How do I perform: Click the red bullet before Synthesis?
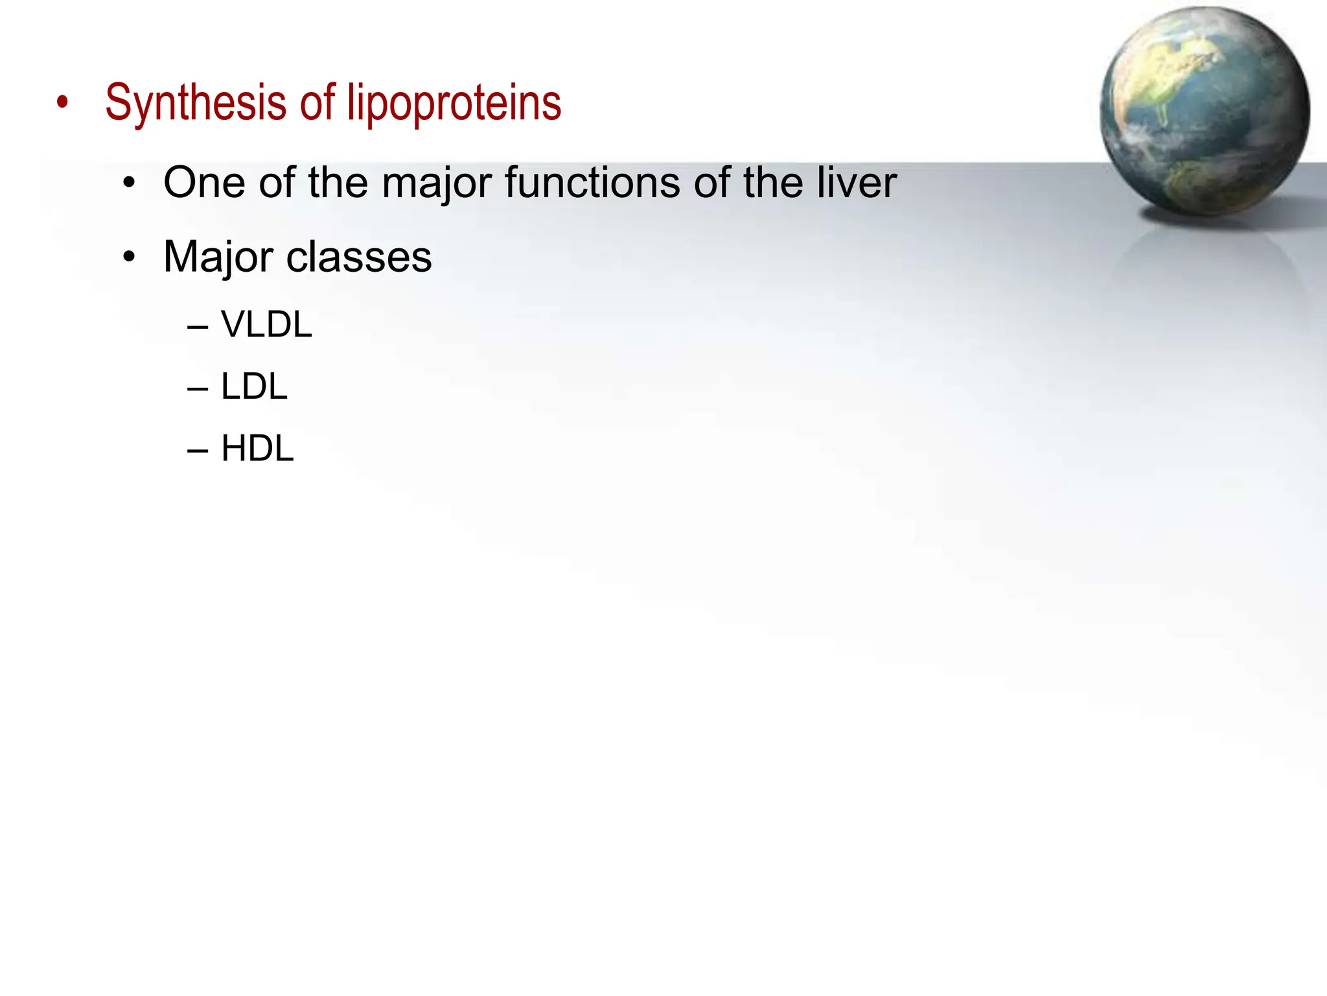pyautogui.click(x=62, y=102)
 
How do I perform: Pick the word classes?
pyautogui.click(x=359, y=257)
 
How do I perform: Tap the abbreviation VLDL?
pyautogui.click(x=266, y=324)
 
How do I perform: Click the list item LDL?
pyautogui.click(x=254, y=386)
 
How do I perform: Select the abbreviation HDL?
pyautogui.click(x=257, y=448)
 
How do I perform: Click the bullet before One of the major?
pyautogui.click(x=130, y=184)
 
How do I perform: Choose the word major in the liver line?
pyautogui.click(x=437, y=184)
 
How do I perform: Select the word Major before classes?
pyautogui.click(x=218, y=257)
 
